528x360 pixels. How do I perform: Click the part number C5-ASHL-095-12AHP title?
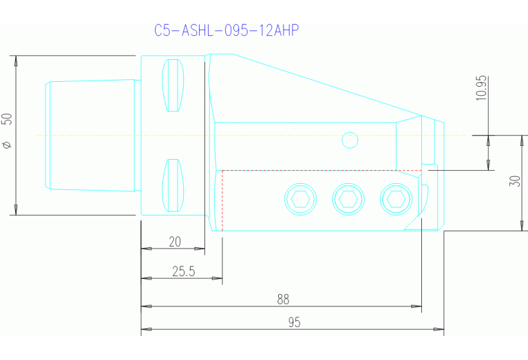click(226, 31)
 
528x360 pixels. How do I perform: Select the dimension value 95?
click(294, 322)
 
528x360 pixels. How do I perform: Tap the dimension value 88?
click(282, 299)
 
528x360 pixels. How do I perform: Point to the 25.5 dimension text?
click(183, 271)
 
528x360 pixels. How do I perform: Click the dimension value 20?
click(175, 241)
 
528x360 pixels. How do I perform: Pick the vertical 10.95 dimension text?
click(481, 88)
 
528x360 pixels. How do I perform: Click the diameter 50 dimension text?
click(8, 131)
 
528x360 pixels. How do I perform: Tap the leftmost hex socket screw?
click(299, 199)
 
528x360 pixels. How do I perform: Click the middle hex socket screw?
click(347, 199)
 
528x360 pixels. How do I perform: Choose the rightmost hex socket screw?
click(394, 199)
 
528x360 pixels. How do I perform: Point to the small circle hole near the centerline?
click(350, 140)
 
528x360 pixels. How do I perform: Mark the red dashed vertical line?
click(222, 200)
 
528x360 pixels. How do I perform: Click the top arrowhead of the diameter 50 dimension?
click(16, 60)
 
